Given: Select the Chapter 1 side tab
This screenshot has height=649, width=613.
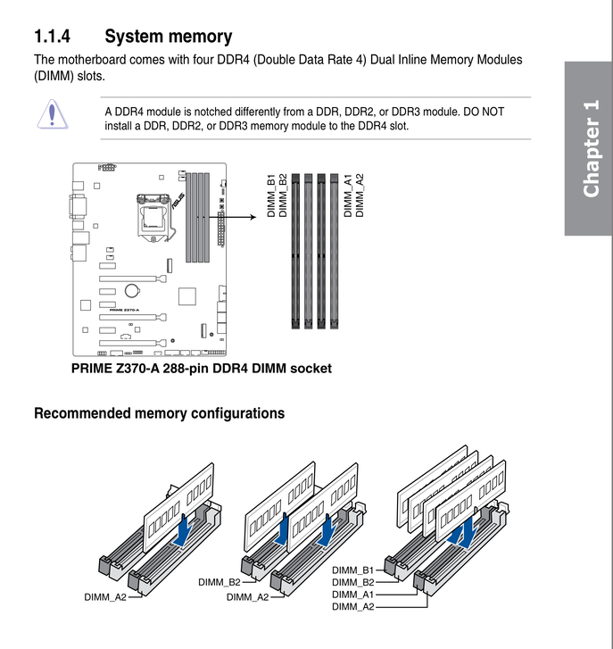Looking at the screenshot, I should pyautogui.click(x=589, y=148).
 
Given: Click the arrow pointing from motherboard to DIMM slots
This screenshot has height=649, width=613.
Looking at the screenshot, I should pyautogui.click(x=241, y=216).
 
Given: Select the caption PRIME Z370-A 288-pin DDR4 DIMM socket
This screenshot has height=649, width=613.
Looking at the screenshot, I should pyautogui.click(x=201, y=368).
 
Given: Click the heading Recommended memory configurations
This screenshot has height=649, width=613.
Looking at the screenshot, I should pyautogui.click(x=159, y=413).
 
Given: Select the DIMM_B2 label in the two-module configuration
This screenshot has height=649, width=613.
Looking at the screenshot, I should pyautogui.click(x=219, y=582).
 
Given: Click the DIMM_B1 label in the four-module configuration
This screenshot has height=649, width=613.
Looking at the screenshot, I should pyautogui.click(x=352, y=570).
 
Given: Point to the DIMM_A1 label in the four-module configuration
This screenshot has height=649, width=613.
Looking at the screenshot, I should pyautogui.click(x=352, y=595).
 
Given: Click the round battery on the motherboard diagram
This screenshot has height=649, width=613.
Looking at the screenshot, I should pyautogui.click(x=131, y=289).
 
